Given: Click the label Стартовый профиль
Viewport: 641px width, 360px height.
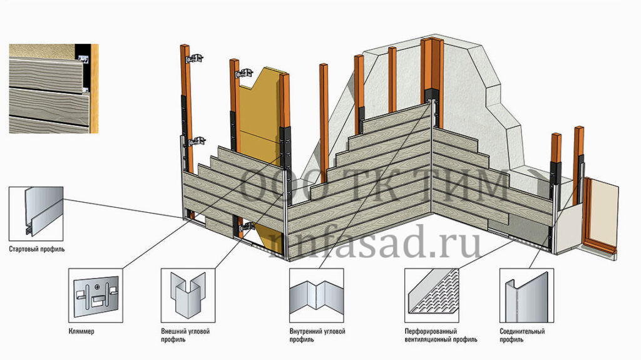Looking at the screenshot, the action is pos(37,249).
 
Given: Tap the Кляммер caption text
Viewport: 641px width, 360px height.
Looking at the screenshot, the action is pos(81,331).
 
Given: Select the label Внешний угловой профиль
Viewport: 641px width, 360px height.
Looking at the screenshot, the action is pos(185,335).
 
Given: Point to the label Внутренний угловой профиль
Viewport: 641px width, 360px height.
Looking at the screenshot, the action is pos(317,335).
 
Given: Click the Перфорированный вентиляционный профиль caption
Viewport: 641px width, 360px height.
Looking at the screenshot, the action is pos(441,335).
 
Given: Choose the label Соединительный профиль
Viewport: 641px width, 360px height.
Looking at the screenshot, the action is pos(522,335).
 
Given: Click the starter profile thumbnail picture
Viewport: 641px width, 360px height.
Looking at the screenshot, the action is pos(36,214).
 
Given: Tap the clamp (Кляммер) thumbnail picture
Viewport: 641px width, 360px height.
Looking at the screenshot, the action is pos(96,296).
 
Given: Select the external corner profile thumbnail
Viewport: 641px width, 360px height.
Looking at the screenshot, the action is pos(188,296).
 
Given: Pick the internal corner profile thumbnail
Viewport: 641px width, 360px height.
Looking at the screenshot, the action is pos(316,296).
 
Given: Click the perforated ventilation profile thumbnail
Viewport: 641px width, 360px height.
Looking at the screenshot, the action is pos(432,296).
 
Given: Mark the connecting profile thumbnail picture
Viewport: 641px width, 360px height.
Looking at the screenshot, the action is pos(526,296).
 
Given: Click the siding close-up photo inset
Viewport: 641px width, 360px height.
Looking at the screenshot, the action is pos(54,89).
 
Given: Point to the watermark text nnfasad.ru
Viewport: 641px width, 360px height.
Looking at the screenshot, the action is pos(375,245).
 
